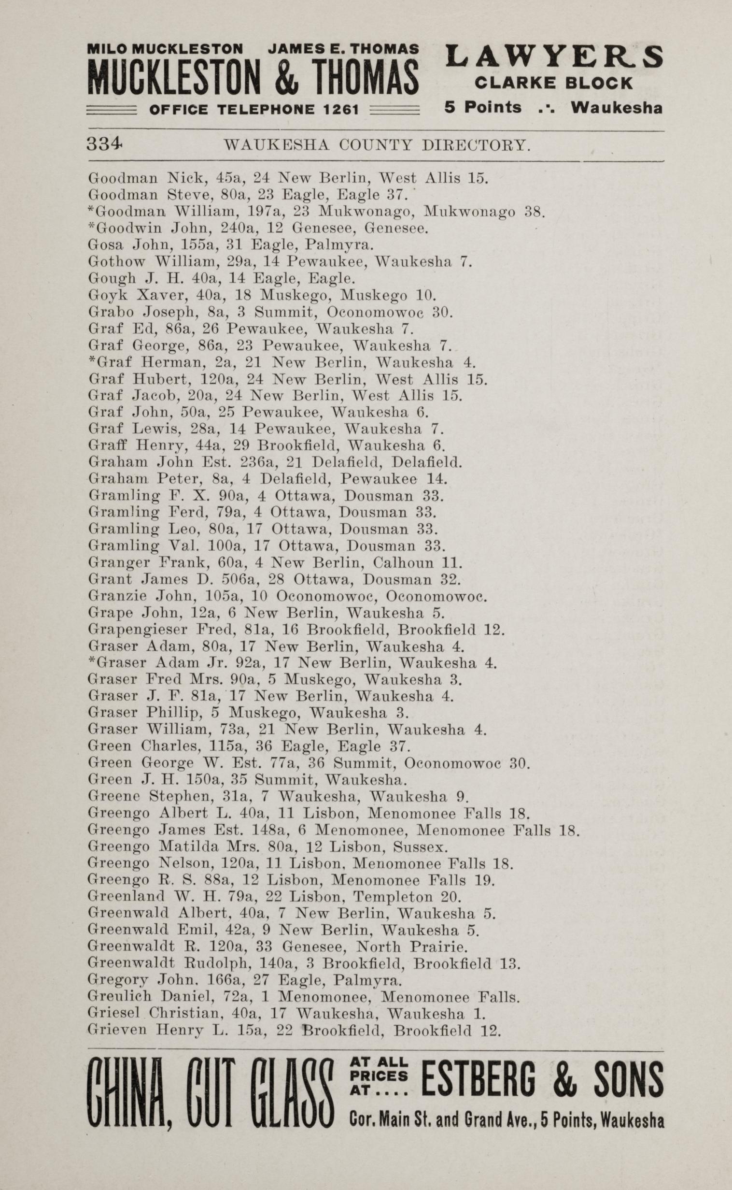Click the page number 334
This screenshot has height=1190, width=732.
point(105,144)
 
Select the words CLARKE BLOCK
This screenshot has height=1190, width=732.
point(553,83)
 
